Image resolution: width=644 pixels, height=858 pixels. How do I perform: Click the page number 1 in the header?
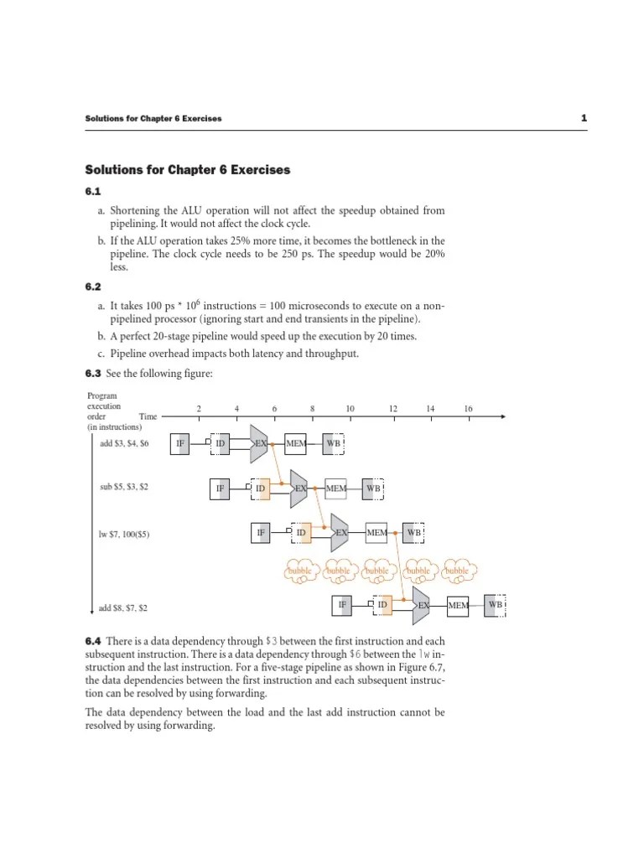click(x=583, y=118)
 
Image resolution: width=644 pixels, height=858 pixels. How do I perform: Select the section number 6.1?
click(x=93, y=192)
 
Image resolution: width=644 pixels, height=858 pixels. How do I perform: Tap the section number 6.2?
click(x=93, y=287)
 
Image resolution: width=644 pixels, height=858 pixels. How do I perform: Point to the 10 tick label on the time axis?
click(x=351, y=409)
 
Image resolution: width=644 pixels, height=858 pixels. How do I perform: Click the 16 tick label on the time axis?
click(x=468, y=409)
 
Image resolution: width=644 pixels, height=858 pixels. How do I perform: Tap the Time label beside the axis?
click(x=148, y=416)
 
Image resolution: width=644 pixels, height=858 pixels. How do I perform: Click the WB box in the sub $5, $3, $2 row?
click(x=373, y=488)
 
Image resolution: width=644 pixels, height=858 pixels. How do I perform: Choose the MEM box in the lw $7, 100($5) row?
click(x=377, y=532)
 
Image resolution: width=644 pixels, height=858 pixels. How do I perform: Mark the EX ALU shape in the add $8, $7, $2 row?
click(x=423, y=604)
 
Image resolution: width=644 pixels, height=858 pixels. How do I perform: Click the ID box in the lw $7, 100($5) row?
click(x=301, y=532)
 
